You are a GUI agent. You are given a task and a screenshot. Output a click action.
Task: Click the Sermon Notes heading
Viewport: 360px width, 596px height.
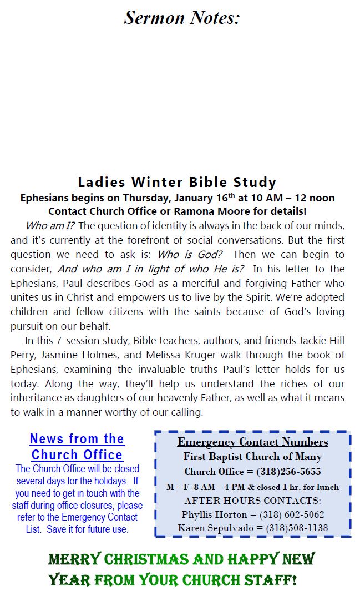coord(181,18)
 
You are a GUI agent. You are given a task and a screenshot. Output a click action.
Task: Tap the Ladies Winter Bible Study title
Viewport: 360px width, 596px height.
coord(177,182)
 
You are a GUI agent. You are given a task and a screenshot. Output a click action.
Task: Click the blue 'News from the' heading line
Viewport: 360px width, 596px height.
coord(77,439)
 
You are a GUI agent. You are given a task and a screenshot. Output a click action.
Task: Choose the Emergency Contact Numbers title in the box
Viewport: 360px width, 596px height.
coord(252,442)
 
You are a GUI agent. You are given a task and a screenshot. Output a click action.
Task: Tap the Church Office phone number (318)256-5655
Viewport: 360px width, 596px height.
coord(288,472)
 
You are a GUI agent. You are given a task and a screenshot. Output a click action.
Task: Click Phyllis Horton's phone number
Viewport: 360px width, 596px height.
coord(292,514)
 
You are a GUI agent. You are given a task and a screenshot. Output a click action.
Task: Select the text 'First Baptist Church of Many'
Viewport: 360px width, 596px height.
coord(252,457)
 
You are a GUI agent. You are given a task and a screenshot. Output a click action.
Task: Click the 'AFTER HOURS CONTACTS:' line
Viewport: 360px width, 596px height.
coord(252,501)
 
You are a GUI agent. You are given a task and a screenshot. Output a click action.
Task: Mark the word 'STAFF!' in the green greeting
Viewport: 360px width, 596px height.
coord(268,580)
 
